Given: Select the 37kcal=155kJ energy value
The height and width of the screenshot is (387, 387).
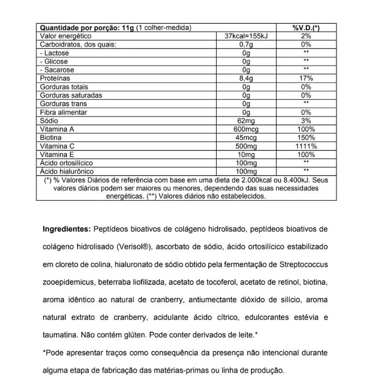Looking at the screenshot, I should click(246, 36).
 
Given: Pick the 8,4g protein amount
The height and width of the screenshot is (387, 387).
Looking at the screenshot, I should click(246, 78).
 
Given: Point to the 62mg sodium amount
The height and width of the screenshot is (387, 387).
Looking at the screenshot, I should click(246, 120).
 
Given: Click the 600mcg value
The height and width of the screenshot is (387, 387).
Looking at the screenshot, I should click(246, 129).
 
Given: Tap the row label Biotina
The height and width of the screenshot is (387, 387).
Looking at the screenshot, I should click(51, 137).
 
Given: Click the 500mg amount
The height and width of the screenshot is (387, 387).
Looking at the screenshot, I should click(246, 146).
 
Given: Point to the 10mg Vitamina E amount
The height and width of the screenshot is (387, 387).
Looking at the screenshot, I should click(246, 154).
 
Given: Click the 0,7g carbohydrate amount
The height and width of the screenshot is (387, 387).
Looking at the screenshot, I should click(246, 45).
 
